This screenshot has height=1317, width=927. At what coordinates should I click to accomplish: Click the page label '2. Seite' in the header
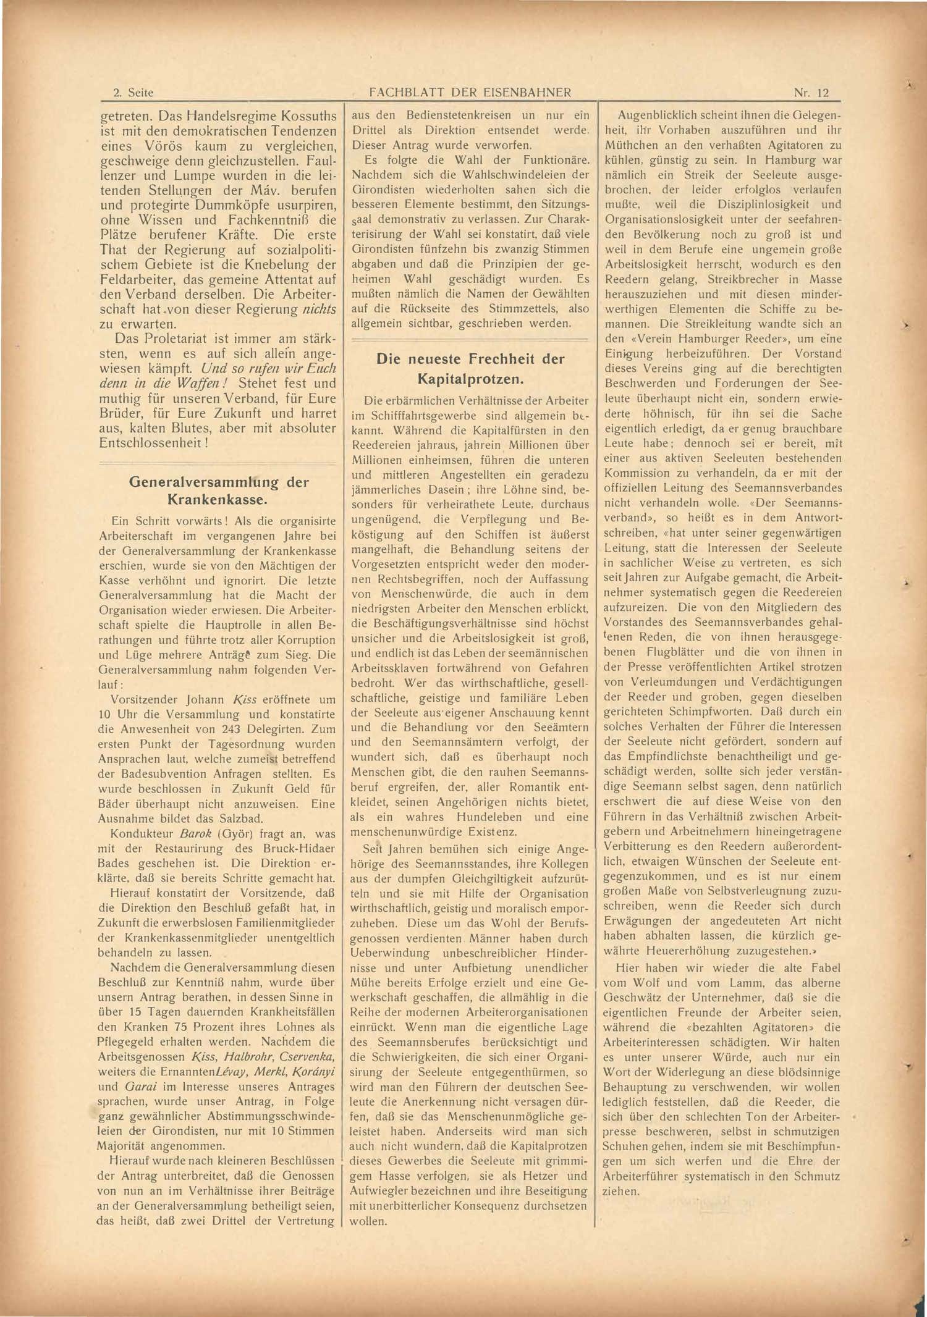point(133,93)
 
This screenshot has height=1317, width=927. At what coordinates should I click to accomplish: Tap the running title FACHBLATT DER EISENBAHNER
point(470,93)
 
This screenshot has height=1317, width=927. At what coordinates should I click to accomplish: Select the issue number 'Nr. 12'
point(811,93)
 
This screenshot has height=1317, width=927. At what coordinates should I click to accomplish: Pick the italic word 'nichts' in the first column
point(320,309)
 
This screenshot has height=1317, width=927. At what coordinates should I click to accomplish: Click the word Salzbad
point(240,818)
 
